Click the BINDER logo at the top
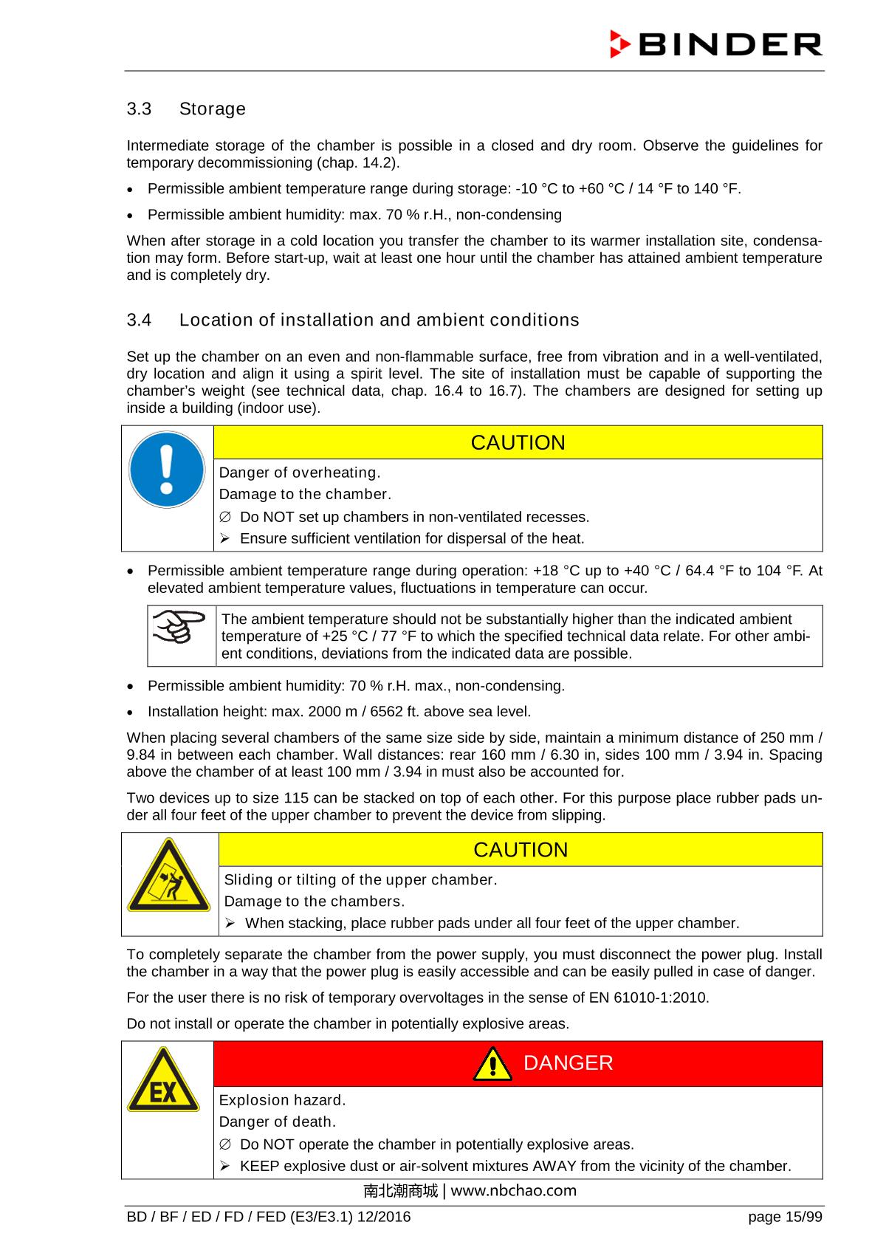(715, 44)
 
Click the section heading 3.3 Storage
(186, 109)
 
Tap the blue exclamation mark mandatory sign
(167, 470)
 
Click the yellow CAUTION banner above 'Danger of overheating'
(518, 442)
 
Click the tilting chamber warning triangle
(169, 876)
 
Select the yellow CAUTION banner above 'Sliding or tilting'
(521, 850)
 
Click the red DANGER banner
(518, 1063)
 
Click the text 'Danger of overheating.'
(300, 473)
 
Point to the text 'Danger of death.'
(278, 1122)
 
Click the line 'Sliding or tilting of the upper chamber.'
(360, 880)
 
